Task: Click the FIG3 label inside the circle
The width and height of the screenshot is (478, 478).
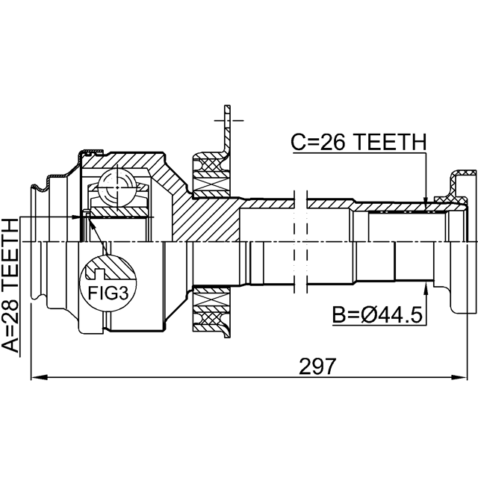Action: pos(108,294)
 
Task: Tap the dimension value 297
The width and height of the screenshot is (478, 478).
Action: pos(317,366)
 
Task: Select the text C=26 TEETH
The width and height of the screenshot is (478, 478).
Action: pos(358,142)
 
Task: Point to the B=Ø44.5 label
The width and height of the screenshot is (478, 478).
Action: pos(377,314)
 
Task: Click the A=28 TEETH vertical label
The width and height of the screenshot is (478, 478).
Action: pos(10,285)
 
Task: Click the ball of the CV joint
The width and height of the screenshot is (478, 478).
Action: pos(117,187)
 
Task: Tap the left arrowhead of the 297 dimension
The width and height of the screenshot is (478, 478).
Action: pos(40,378)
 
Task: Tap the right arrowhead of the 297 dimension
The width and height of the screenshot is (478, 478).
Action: pos(459,378)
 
